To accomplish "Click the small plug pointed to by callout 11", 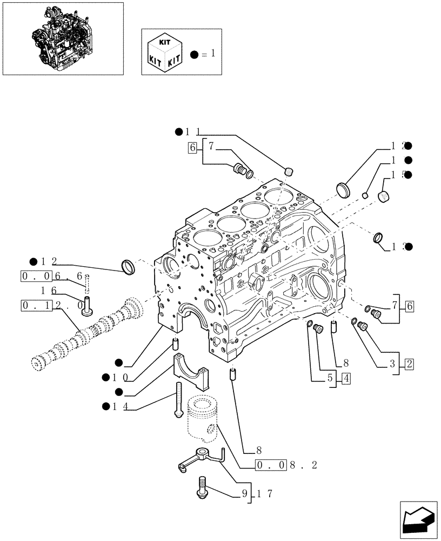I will [289, 171].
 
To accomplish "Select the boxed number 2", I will [409, 364].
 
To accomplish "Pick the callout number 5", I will [331, 378].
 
